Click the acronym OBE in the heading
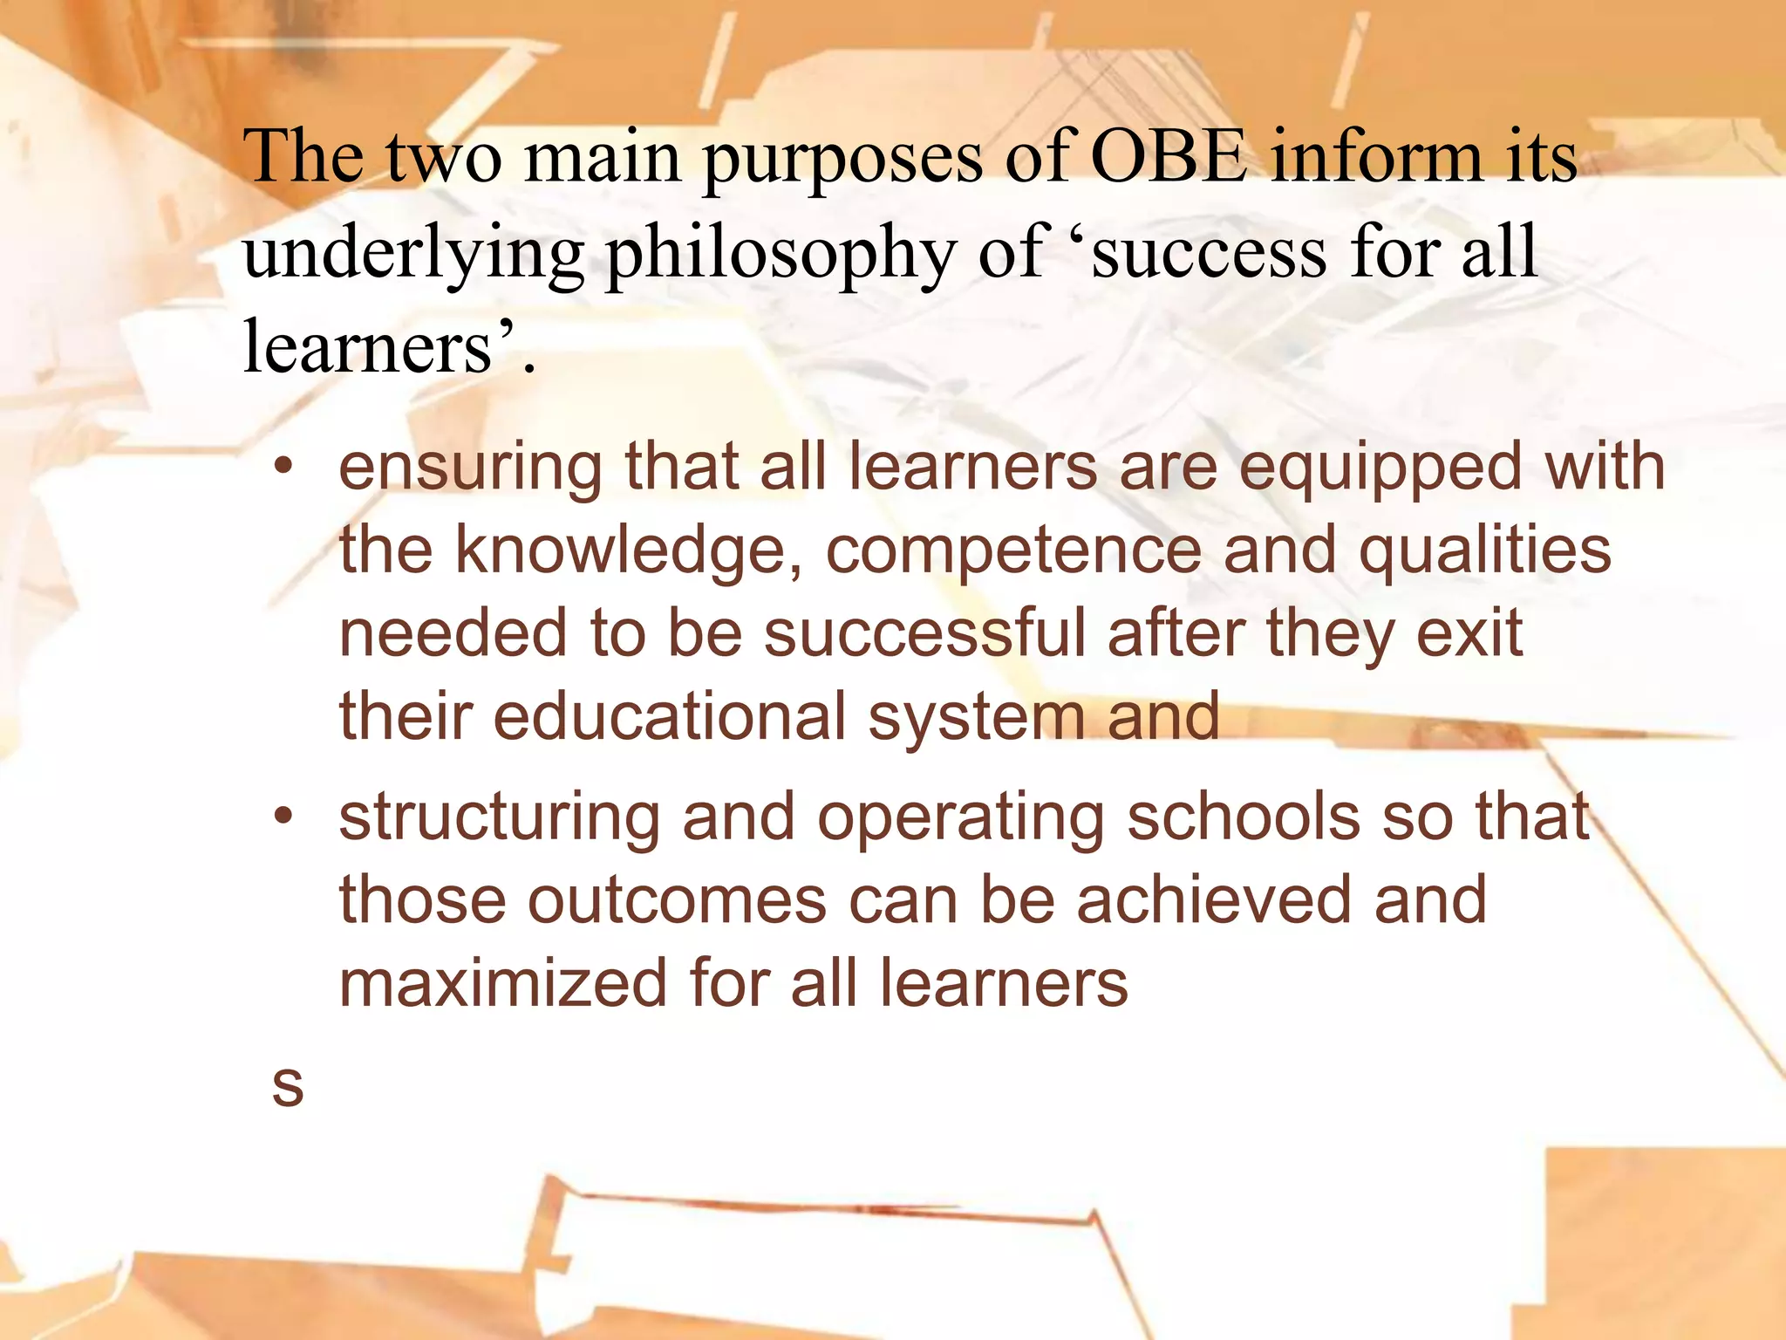click(x=1169, y=157)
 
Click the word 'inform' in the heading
click(x=1376, y=157)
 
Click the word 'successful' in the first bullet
click(x=925, y=633)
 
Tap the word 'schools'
click(x=1244, y=818)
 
